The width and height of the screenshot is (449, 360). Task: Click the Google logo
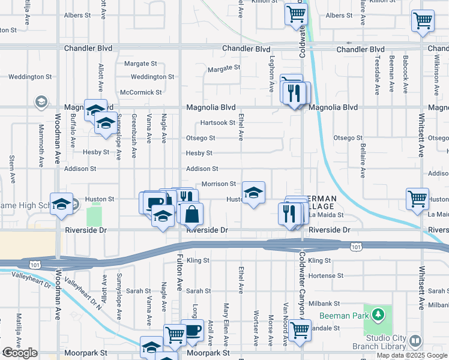pos(20,353)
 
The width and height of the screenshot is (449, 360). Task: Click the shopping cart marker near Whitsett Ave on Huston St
pos(417,199)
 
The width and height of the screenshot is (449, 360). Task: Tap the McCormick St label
pos(141,92)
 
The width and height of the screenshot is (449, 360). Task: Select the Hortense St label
pos(324,275)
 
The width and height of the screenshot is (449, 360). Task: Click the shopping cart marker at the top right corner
pos(423,20)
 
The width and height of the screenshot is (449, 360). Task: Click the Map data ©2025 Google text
pos(411,355)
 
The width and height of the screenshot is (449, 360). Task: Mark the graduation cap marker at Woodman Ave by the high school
pos(61,204)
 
